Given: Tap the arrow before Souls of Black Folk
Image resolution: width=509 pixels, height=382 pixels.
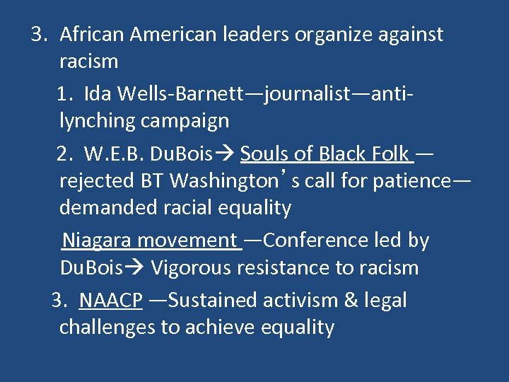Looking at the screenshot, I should [x=228, y=154].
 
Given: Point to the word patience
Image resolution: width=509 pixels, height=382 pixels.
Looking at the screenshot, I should [x=409, y=181].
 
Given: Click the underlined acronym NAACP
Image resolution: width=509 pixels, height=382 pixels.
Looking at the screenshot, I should [x=111, y=301].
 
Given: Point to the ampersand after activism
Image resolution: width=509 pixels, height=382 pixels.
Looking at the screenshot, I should [x=351, y=301].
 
